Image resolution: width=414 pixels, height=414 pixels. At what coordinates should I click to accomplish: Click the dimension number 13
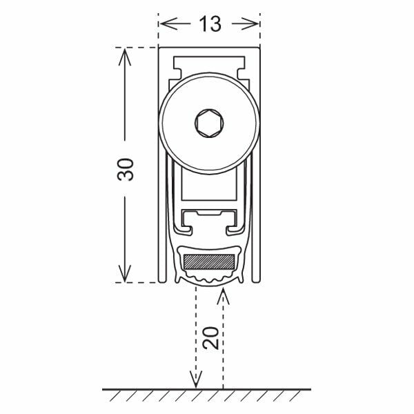point(210,24)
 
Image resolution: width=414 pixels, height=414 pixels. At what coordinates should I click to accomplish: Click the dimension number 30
point(126,170)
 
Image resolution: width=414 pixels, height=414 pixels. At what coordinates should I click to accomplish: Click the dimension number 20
point(210,338)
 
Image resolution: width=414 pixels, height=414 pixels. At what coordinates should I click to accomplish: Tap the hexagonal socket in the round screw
point(209,123)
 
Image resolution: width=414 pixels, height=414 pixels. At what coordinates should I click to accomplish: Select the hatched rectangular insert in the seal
point(209,262)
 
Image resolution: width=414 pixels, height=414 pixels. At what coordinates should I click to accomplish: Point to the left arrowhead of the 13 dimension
point(168,23)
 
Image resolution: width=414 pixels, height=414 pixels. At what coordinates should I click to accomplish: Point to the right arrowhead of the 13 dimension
point(250,23)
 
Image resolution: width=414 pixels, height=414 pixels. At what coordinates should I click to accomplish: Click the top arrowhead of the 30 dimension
point(125,57)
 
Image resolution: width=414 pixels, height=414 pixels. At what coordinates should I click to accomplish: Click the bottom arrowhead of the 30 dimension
point(125,273)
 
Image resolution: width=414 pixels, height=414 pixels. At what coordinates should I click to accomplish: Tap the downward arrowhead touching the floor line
point(196,379)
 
